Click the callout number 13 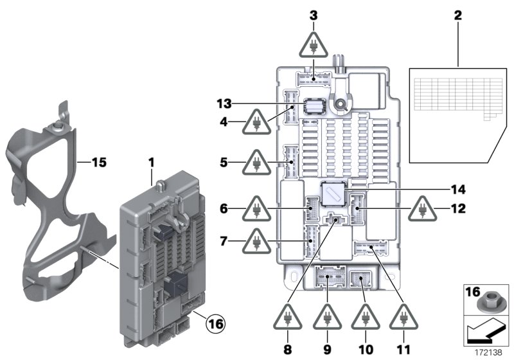[223, 104]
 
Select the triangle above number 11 [404, 318]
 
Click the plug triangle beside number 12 [422, 209]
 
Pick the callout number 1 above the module [152, 164]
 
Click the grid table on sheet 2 [450, 96]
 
